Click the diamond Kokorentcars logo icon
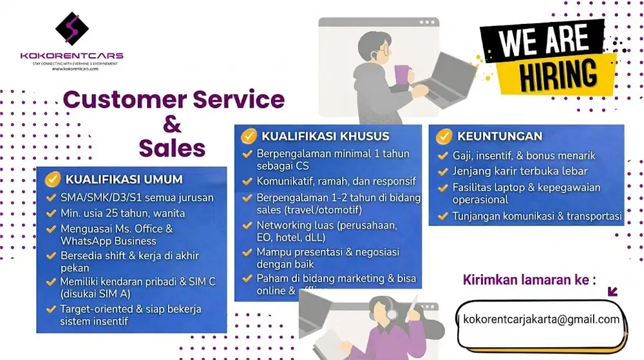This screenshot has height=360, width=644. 71,28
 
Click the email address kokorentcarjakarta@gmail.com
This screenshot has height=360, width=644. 541,319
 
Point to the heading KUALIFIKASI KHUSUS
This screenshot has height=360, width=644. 325,136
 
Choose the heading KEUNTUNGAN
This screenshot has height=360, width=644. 500,136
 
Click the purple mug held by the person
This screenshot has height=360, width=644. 402,74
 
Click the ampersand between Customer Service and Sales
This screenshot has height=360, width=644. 173,124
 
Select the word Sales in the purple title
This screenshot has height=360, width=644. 172,148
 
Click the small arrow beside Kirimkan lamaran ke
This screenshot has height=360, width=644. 612,292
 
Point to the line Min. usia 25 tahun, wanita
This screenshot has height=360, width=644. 122,213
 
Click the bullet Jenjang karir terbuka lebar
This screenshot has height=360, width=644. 520,171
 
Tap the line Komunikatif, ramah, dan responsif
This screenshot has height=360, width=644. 336,182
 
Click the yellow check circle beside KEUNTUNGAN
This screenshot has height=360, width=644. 444,136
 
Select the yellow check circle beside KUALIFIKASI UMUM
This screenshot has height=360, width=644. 52,179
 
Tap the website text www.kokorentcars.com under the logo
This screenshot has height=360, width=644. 71,69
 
